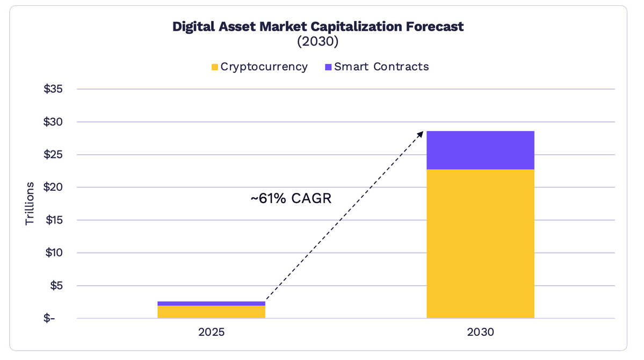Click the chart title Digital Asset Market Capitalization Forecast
point(317,27)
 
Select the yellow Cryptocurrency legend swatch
point(215,67)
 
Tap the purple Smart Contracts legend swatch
point(328,67)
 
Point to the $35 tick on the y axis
point(53,89)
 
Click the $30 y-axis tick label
point(53,122)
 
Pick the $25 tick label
point(53,155)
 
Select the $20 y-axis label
point(53,188)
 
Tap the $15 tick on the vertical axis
point(53,220)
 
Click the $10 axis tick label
point(53,253)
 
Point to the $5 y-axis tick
point(56,286)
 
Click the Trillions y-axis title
point(30,204)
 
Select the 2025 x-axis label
point(211,332)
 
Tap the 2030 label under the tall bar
point(480,332)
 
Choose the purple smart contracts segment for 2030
point(480,150)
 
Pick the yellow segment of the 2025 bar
point(211,312)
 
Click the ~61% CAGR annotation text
point(291,199)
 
